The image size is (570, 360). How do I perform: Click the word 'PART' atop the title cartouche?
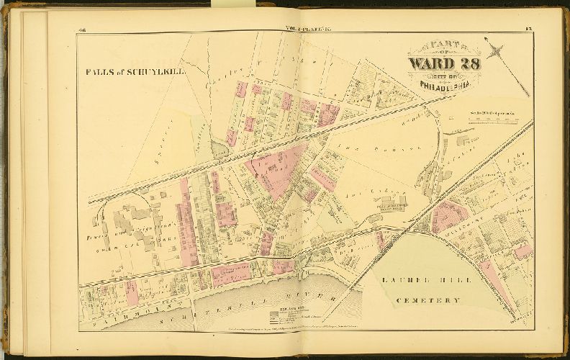[x=444, y=44]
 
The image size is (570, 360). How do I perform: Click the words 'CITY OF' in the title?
[x=444, y=76]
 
